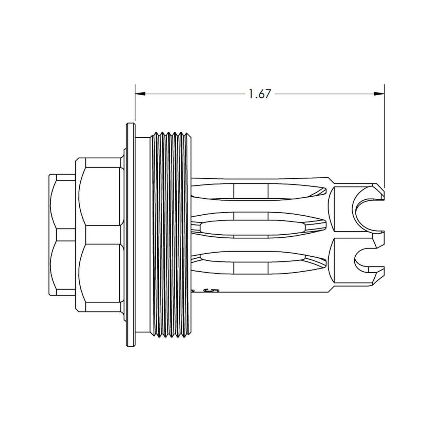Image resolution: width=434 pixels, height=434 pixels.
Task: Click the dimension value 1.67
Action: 260,94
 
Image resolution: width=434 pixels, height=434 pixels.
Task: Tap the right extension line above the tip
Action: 384,136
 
